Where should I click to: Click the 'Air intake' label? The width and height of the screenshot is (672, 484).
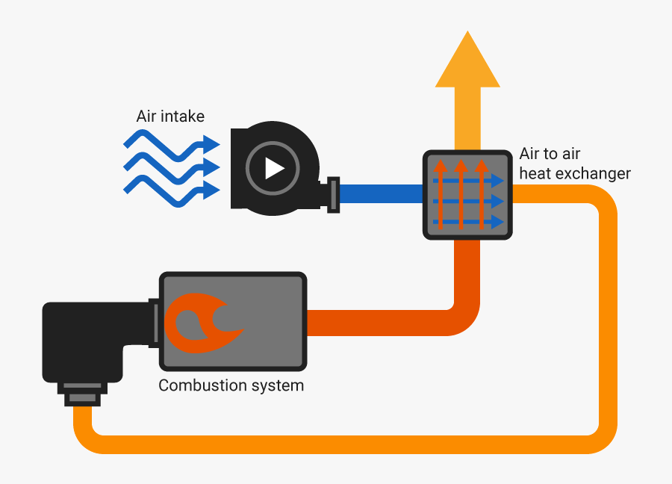tap(170, 117)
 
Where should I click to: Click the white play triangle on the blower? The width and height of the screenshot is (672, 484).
tap(274, 168)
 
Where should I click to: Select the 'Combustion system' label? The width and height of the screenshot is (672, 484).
tap(231, 386)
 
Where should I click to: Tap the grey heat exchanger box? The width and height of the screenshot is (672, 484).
tap(468, 194)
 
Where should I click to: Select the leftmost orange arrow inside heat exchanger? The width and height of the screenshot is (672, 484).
tap(441, 194)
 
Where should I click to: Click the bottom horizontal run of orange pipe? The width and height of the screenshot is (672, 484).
tap(336, 443)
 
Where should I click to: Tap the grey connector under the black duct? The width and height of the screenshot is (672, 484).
tap(81, 394)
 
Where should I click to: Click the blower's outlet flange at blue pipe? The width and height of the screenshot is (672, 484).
tap(334, 194)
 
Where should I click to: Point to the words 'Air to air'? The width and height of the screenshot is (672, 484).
tap(550, 155)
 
